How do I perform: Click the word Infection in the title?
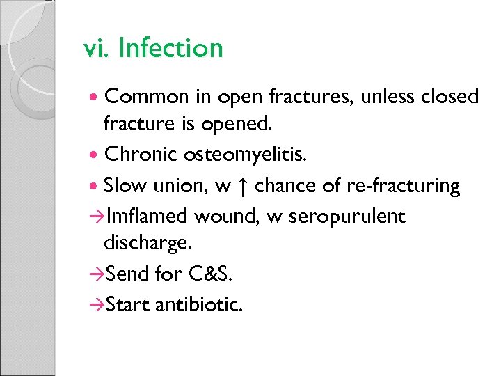(170, 49)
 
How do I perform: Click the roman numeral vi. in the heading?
(97, 49)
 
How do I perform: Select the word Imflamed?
(148, 216)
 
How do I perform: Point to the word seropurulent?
(347, 217)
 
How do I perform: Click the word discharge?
(142, 245)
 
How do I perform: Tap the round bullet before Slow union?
(95, 187)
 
